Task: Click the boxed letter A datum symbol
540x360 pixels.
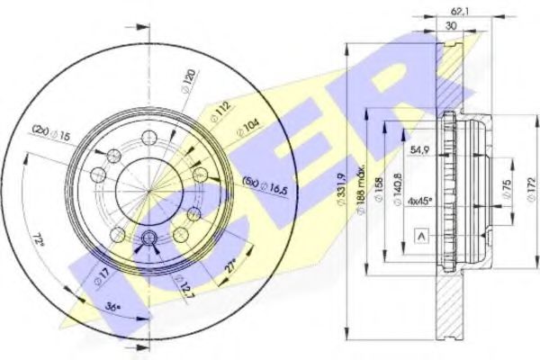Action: pyautogui.click(x=420, y=235)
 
